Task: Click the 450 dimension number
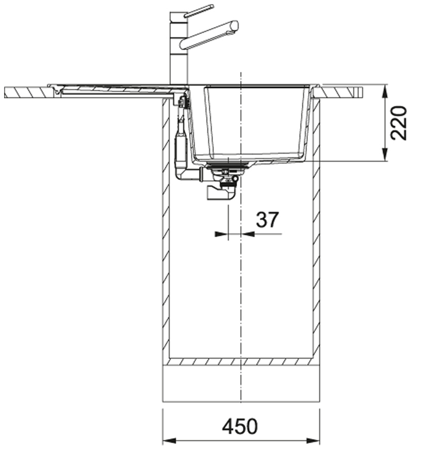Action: pyautogui.click(x=240, y=427)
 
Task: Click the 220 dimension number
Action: pyautogui.click(x=398, y=123)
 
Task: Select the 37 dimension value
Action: pyautogui.click(x=267, y=219)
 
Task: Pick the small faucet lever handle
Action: pyautogui.click(x=199, y=10)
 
